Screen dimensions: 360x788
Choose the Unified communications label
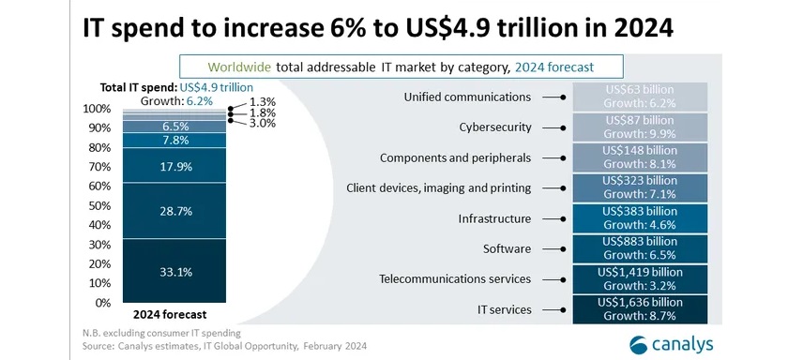[x=480, y=97]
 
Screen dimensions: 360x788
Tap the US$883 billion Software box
[x=641, y=248]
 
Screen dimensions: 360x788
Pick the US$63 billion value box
[x=641, y=97]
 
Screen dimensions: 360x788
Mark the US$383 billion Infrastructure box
[x=641, y=218]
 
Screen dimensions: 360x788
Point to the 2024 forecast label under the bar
[x=170, y=314]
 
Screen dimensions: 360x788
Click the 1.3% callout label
[x=264, y=101]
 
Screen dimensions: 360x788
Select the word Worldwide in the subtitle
[x=240, y=66]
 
